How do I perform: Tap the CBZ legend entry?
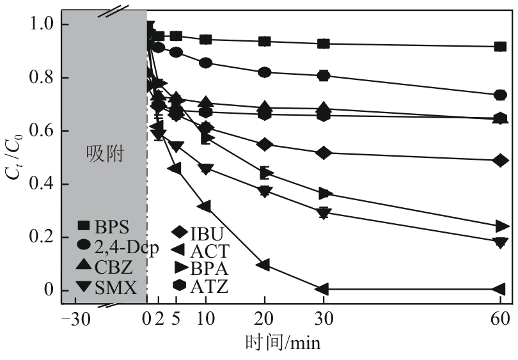106,267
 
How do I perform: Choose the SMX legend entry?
106,288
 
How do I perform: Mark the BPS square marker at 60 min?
501,47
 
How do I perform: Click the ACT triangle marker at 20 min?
263,265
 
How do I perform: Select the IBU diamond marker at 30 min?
324,153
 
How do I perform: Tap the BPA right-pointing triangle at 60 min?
501,226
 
